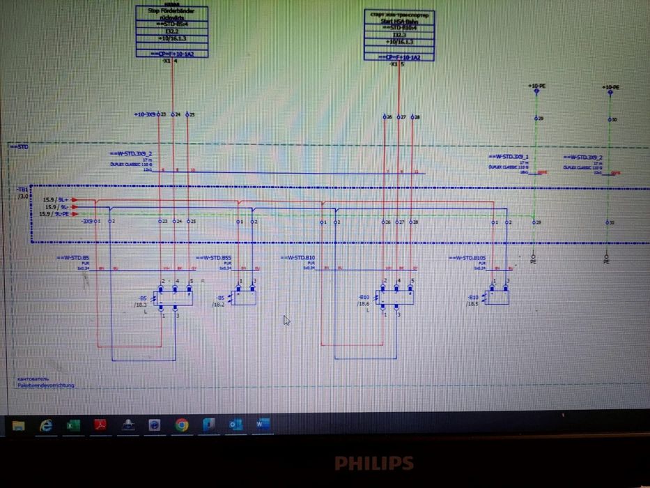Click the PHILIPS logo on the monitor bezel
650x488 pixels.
[x=373, y=463]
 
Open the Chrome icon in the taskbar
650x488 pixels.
[x=182, y=425]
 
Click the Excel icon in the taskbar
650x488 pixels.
[x=72, y=425]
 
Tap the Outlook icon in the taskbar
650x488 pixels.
[x=235, y=425]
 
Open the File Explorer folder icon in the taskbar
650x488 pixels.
[x=19, y=425]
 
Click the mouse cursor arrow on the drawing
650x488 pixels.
[x=286, y=319]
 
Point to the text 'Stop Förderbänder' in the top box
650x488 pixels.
[x=171, y=13]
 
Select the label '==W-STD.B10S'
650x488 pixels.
[x=468, y=258]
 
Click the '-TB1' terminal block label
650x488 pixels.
[x=23, y=190]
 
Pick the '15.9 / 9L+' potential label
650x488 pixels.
[x=54, y=200]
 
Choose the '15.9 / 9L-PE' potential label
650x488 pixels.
[x=54, y=214]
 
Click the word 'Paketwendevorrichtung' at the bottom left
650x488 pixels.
[x=46, y=385]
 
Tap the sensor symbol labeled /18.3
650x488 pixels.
[x=173, y=298]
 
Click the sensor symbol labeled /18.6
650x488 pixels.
[x=394, y=298]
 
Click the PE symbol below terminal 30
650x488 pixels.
[x=606, y=261]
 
